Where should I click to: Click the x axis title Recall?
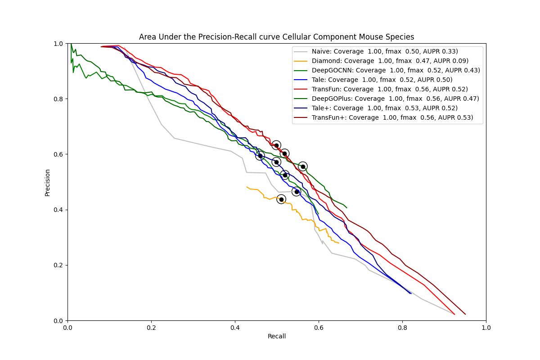click(277, 337)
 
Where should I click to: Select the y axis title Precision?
click(47, 182)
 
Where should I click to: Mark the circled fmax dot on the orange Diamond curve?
click(281, 199)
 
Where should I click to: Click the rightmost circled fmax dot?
click(303, 166)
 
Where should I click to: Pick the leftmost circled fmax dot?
click(260, 156)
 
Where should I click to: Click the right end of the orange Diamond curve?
click(339, 243)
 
